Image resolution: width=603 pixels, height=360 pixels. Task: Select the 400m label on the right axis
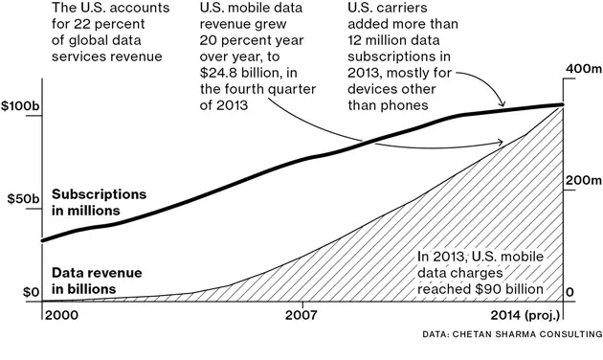click(582, 72)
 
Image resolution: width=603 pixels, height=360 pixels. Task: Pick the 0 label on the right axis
click(571, 292)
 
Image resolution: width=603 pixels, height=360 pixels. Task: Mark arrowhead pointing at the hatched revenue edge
click(502, 144)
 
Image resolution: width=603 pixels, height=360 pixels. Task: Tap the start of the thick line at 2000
click(43, 240)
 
